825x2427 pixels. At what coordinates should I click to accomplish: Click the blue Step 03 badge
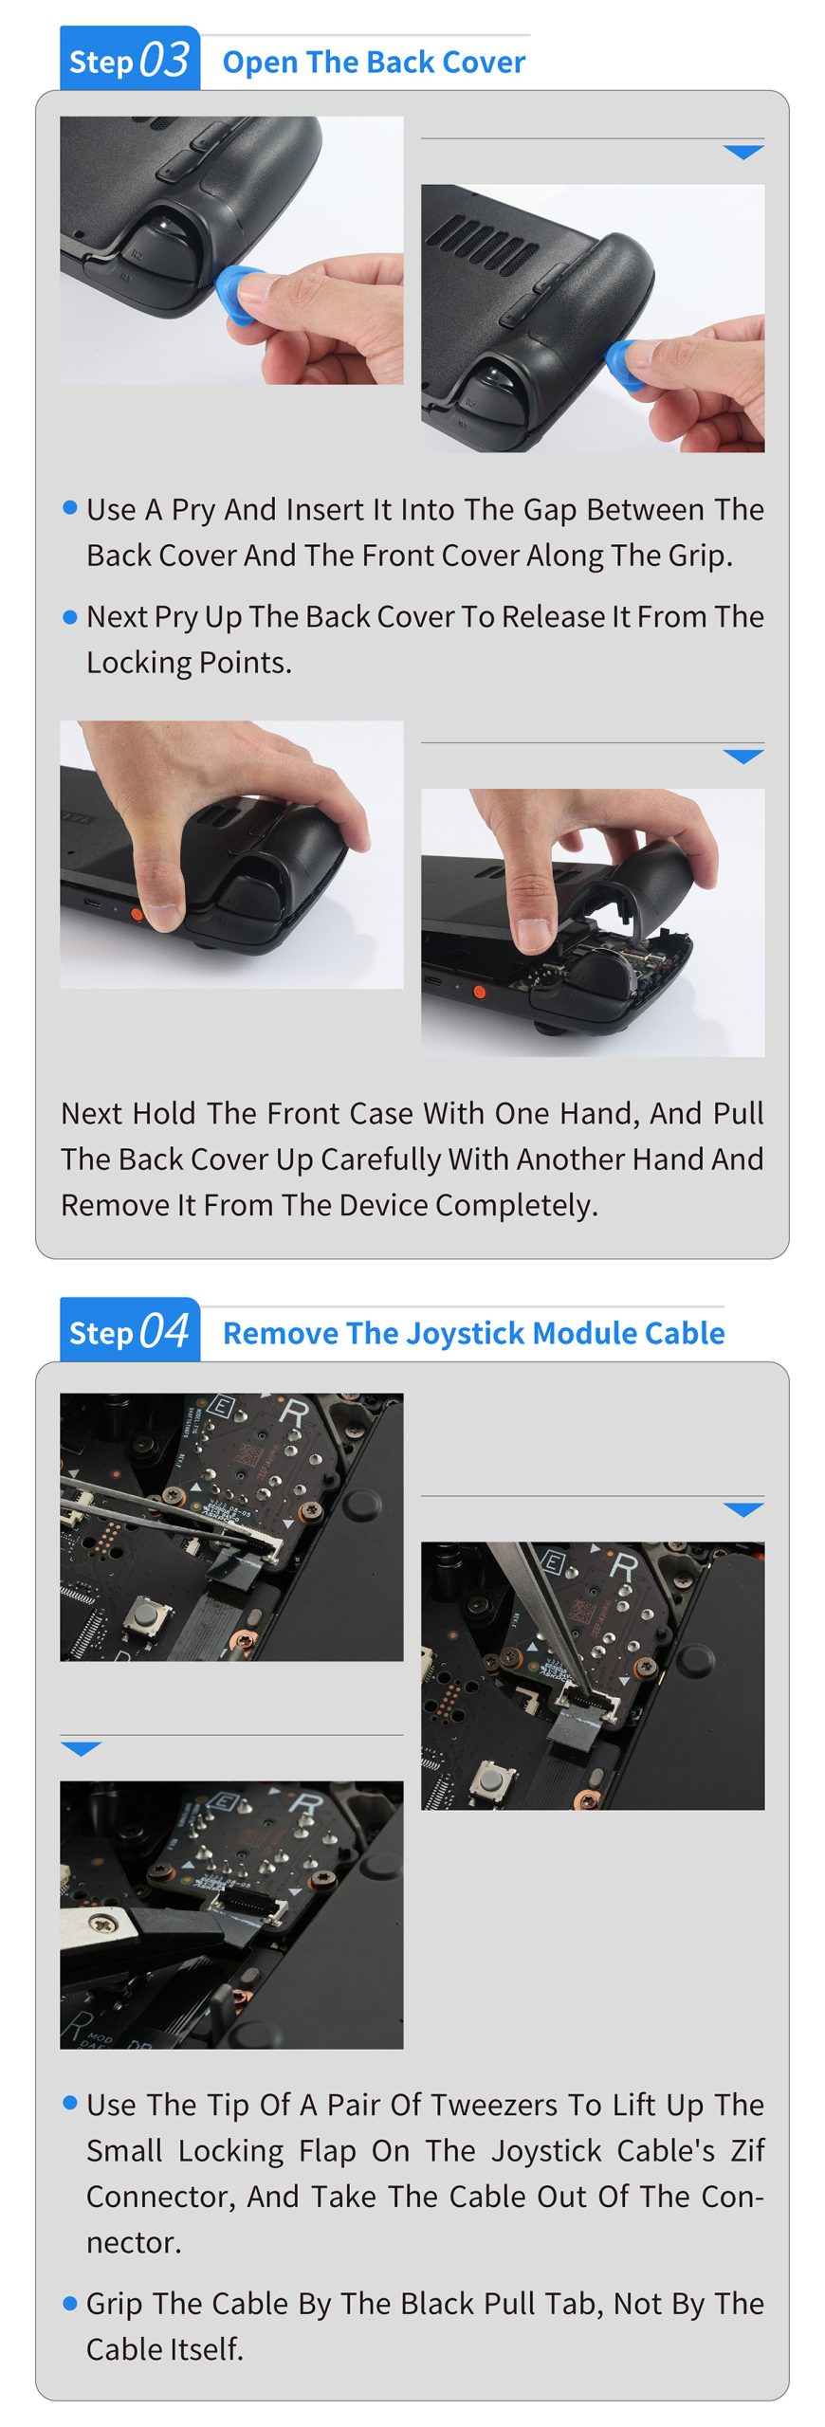(129, 59)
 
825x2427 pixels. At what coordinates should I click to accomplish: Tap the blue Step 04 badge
(129, 1329)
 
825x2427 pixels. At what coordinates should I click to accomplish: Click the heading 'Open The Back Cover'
(374, 62)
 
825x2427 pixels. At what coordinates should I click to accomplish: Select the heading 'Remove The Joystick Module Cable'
(473, 1333)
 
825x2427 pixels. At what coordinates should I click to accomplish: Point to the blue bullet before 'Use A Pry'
(69, 507)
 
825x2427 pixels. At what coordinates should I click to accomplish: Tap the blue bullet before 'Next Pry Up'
(69, 616)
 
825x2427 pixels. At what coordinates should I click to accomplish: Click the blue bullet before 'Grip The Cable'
(69, 2303)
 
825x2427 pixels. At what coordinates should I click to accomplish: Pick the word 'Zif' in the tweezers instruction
(747, 2150)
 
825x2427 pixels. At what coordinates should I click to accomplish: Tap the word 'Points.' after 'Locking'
(243, 663)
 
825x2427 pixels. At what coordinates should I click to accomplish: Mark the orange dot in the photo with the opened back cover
(479, 992)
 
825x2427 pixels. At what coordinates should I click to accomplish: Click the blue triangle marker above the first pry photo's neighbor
(743, 152)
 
